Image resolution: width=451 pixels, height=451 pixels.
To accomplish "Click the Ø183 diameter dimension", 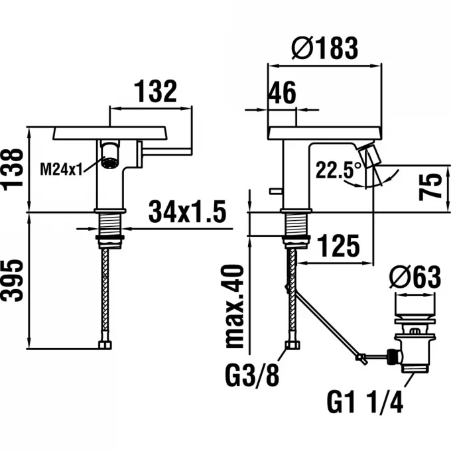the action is click(324, 48).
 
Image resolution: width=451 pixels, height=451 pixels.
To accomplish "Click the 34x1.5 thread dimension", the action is click(187, 212).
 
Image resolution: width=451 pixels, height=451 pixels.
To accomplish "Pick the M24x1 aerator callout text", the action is click(61, 169).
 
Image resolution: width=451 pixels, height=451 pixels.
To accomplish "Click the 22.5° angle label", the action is click(338, 169).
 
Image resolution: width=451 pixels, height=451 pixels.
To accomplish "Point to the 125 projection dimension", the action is click(339, 245).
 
